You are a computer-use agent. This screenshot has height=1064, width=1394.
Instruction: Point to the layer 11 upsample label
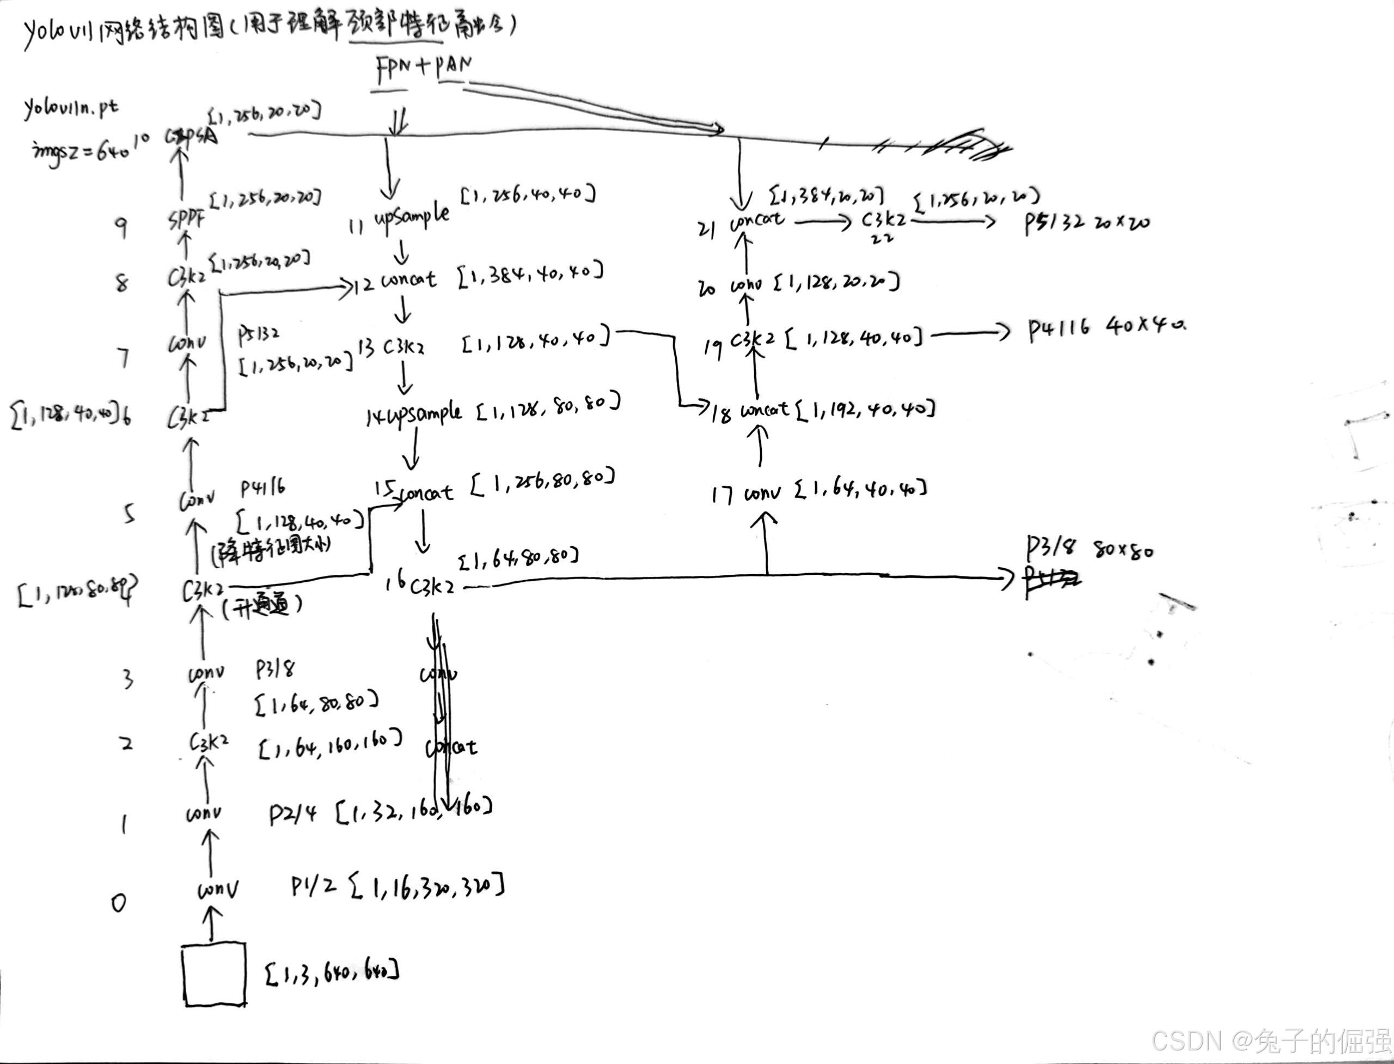(x=412, y=217)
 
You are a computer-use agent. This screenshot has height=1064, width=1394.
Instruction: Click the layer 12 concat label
(x=408, y=280)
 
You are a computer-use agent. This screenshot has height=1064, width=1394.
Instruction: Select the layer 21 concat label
(x=756, y=222)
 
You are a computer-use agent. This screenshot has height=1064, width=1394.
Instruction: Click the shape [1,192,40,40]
(x=865, y=409)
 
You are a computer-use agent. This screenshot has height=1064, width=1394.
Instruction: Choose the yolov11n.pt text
(x=71, y=108)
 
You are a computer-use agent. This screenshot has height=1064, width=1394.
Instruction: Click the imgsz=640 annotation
(x=81, y=151)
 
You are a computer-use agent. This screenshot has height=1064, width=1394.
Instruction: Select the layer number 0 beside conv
(x=118, y=903)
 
